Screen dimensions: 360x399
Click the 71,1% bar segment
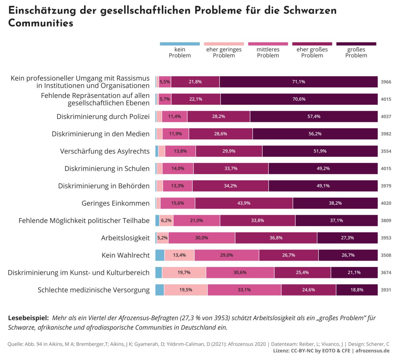(298, 82)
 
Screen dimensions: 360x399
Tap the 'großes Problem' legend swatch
(356, 44)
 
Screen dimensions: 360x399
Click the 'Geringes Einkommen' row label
(115, 203)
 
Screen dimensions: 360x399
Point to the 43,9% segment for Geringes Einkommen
(244, 203)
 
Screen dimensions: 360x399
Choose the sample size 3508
(386, 255)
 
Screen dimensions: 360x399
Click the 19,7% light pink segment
(184, 273)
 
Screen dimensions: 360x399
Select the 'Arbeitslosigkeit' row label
(125, 238)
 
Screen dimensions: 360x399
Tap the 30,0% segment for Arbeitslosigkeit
(201, 238)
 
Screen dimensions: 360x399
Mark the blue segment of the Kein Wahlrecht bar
(160, 255)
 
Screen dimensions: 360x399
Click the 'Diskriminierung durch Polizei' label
(103, 117)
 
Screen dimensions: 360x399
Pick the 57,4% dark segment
(314, 117)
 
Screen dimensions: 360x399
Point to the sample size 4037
(386, 117)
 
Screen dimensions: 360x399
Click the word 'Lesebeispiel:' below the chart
(28, 318)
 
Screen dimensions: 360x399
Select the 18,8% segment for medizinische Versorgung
(357, 290)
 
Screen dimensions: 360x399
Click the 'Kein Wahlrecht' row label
(125, 255)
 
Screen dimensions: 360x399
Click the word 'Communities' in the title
(41, 23)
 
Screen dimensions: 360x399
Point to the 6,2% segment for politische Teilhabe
(166, 221)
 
